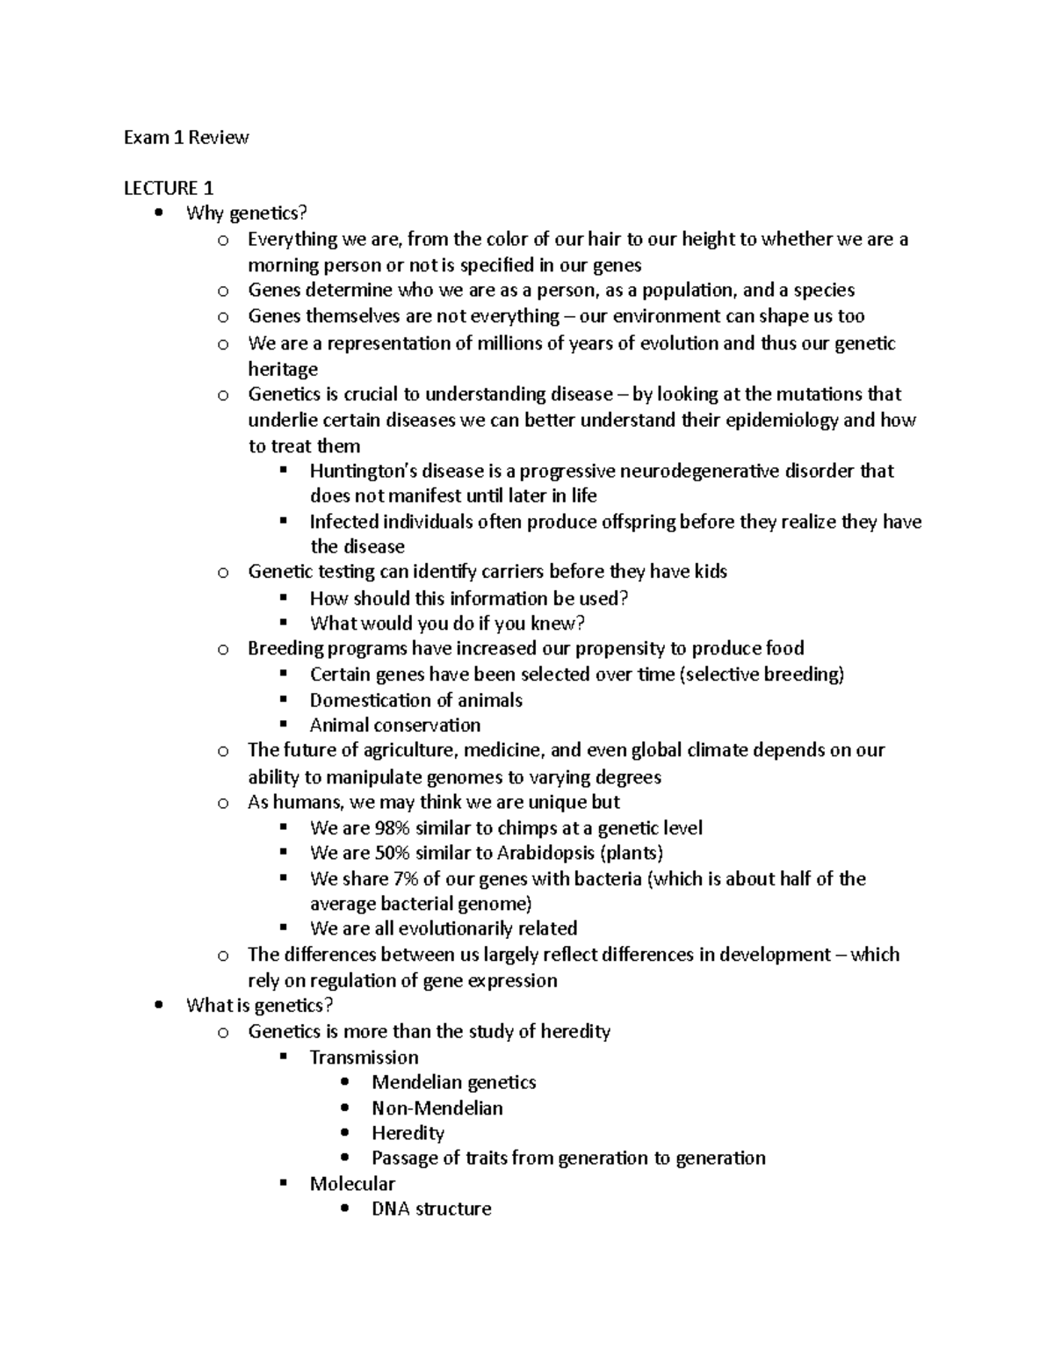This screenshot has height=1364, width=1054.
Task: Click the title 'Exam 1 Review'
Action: tap(186, 137)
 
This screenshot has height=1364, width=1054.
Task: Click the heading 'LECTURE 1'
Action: tap(169, 188)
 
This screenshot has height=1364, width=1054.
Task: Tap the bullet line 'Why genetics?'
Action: tap(247, 213)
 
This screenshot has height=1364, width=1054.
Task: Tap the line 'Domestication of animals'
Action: tap(415, 700)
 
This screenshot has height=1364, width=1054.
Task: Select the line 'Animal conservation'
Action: tap(395, 725)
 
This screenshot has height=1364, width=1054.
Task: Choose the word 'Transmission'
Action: tap(364, 1057)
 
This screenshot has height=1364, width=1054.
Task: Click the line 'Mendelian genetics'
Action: tap(453, 1083)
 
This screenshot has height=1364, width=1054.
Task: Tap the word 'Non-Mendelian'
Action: tap(437, 1108)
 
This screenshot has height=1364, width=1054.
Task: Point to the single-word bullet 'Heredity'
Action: tap(408, 1133)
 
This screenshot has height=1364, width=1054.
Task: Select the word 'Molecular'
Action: tap(352, 1184)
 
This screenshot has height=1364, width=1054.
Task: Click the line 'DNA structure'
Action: tap(431, 1209)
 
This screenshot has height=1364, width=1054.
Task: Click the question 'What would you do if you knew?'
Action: tap(447, 624)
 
